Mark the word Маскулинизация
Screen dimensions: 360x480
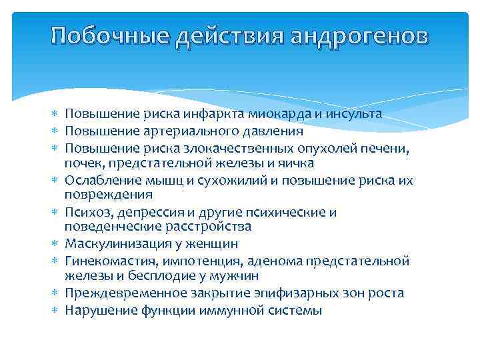tap(114, 244)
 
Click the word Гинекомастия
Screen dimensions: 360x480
tap(107, 261)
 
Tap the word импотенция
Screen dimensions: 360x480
tap(189, 261)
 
